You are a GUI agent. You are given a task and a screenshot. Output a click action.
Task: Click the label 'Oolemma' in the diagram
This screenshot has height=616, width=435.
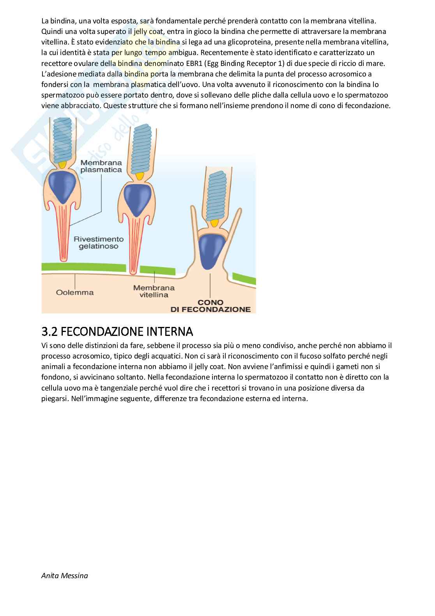click(74, 292)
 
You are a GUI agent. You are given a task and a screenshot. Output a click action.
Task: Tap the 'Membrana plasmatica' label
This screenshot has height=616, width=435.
click(101, 166)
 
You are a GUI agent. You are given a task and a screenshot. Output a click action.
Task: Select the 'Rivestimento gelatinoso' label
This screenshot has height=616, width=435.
click(98, 243)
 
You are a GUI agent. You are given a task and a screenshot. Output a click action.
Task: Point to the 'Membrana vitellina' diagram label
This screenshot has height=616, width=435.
click(154, 291)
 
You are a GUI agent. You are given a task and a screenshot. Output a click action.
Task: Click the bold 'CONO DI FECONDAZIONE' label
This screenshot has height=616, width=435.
click(210, 306)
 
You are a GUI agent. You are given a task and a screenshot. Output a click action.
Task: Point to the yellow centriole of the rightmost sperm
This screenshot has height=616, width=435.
click(214, 223)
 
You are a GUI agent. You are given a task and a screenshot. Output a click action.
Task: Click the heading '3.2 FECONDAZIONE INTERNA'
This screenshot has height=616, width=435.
click(117, 332)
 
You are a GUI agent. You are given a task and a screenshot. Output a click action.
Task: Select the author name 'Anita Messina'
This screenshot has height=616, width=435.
click(64, 575)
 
